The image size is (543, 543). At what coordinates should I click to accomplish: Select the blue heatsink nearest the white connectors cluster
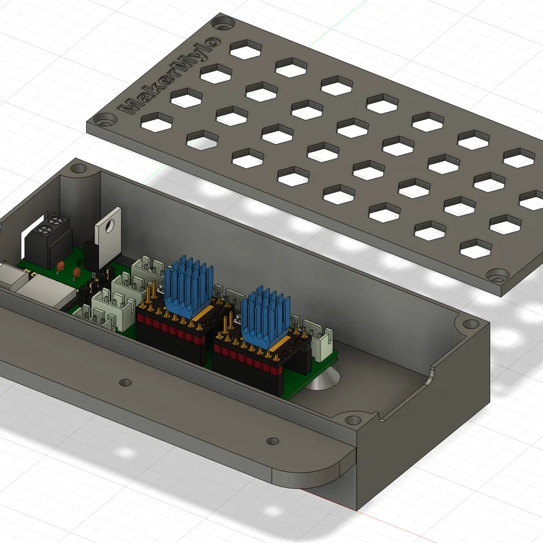coord(188,286)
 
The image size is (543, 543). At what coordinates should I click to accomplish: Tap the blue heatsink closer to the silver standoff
coord(265,316)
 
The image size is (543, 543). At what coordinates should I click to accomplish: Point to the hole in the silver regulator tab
coord(110,225)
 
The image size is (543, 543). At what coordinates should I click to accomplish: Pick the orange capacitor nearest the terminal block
coord(60,266)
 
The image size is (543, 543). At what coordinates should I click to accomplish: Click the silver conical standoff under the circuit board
coord(324,379)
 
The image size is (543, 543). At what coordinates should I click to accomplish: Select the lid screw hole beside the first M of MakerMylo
coord(104,121)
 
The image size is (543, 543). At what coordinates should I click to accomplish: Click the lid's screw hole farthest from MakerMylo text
coord(498,276)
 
